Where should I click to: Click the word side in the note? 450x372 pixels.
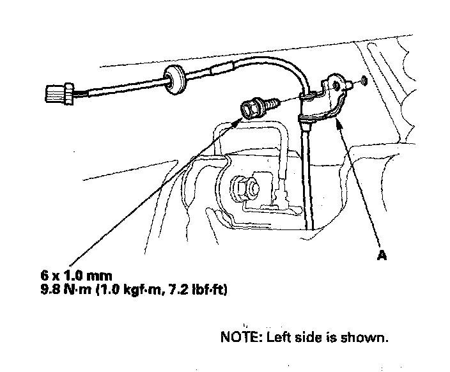(311, 336)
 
